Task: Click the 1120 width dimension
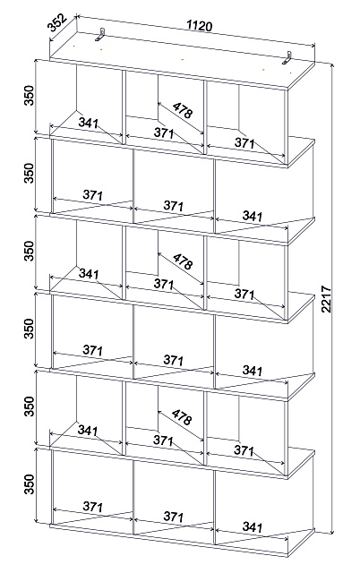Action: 199,26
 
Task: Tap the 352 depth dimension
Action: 57,22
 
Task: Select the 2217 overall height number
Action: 326,299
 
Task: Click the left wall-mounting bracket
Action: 100,34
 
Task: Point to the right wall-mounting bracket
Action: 287,58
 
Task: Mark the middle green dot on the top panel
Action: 183,59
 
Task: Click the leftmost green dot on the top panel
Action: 101,48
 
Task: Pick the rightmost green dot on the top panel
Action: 263,70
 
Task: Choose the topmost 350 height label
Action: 29,96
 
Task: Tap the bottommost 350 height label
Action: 29,483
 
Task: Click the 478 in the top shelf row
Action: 182,110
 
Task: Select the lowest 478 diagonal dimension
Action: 182,417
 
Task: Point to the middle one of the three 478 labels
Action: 183,261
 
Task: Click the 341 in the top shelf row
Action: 88,123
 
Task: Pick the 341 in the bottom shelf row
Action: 253,526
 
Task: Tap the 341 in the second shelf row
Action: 253,216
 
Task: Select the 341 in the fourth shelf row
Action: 253,371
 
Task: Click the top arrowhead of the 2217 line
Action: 332,65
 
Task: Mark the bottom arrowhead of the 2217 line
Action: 332,531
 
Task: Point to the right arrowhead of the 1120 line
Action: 313,46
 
